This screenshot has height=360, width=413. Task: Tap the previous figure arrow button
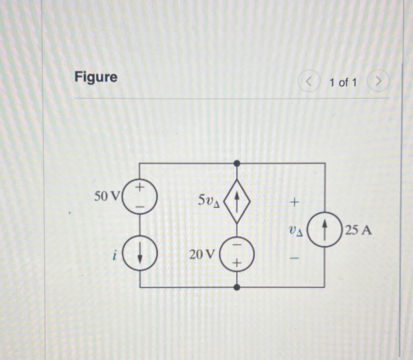pos(309,82)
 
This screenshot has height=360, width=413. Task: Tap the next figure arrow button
pos(378,82)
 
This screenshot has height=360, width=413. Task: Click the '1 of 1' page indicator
pos(343,83)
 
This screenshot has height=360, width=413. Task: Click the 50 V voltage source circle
pos(140,197)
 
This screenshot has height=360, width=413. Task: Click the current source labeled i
pos(140,254)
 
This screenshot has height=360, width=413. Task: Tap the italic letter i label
pos(114,255)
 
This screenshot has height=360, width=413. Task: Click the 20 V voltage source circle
pos(237,254)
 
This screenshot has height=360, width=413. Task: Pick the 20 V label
pos(202,255)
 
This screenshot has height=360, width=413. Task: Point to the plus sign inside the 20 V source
pos(237,263)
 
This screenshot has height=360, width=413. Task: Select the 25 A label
pos(358,231)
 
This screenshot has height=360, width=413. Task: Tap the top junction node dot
pos(237,164)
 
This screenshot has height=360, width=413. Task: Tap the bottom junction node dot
pos(237,287)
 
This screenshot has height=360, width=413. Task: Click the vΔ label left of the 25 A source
pos(295,231)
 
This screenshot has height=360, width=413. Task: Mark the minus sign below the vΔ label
pos(294,258)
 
